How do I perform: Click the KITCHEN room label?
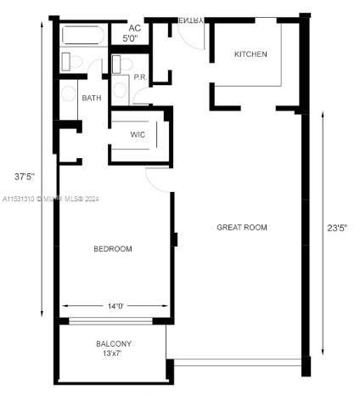pyautogui.click(x=250, y=54)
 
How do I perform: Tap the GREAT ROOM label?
pyautogui.click(x=241, y=227)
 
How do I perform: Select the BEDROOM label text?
pyautogui.click(x=112, y=249)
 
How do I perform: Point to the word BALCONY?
pyautogui.click(x=113, y=343)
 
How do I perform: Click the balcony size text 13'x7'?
pyautogui.click(x=113, y=354)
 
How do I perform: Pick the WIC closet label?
pyautogui.click(x=138, y=135)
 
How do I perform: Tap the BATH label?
pyautogui.click(x=91, y=98)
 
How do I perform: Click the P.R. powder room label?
pyautogui.click(x=140, y=77)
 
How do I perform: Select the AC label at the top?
pyautogui.click(x=133, y=28)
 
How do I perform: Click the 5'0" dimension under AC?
pyautogui.click(x=132, y=39)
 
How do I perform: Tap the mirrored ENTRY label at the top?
pyautogui.click(x=191, y=20)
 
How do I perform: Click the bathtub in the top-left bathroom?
pyautogui.click(x=82, y=37)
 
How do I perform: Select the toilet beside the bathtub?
pyautogui.click(x=72, y=62)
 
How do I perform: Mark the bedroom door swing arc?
pyautogui.click(x=157, y=178)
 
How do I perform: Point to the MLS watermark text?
pyautogui.click(x=51, y=199)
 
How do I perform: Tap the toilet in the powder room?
pyautogui.click(x=120, y=65)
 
